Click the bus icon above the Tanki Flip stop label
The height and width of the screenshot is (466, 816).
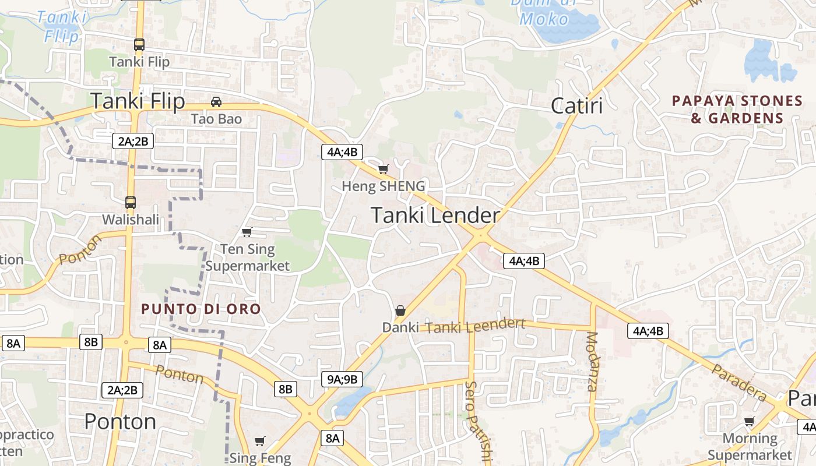coord(139,44)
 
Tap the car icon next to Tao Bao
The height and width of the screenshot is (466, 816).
coord(216,102)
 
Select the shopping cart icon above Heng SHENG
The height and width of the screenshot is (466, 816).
coord(383,169)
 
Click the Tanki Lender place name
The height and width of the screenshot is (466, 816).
coord(435,216)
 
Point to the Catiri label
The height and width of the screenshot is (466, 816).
coord(576,106)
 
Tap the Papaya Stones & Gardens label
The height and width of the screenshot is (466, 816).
coord(737,110)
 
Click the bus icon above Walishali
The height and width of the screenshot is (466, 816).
coord(131,203)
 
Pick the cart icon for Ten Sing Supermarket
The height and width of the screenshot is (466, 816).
coord(247,232)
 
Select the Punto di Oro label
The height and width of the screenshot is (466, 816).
coord(201,309)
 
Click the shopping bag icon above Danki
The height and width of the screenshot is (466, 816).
coord(400,310)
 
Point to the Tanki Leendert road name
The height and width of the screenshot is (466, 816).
coord(475,326)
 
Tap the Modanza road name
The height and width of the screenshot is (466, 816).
coord(592,361)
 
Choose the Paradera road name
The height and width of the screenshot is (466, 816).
coord(739,382)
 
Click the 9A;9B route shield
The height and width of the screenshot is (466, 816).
coord(342,379)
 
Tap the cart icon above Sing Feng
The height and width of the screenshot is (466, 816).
coord(260,441)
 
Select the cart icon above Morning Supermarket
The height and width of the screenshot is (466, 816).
coord(749,421)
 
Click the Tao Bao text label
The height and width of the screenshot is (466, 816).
coord(216,119)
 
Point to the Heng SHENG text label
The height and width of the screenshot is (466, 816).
coord(383,186)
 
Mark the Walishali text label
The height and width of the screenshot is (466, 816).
coord(131,220)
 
